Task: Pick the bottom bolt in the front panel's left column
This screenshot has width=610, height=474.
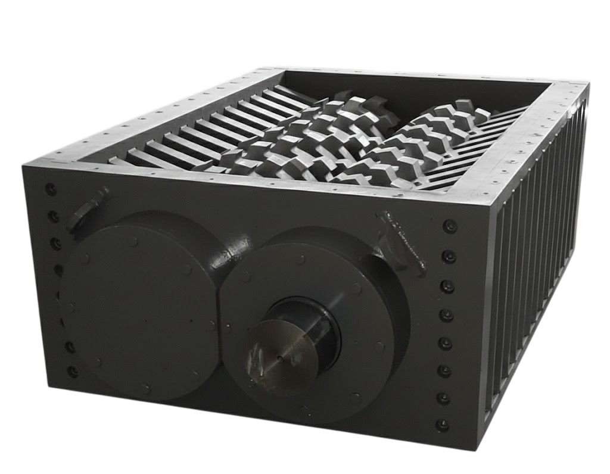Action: point(73,372)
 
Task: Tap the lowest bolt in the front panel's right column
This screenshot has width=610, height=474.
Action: point(441,425)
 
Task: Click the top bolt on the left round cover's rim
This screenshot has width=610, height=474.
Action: point(134,241)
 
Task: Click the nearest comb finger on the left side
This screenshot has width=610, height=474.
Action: point(122,161)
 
